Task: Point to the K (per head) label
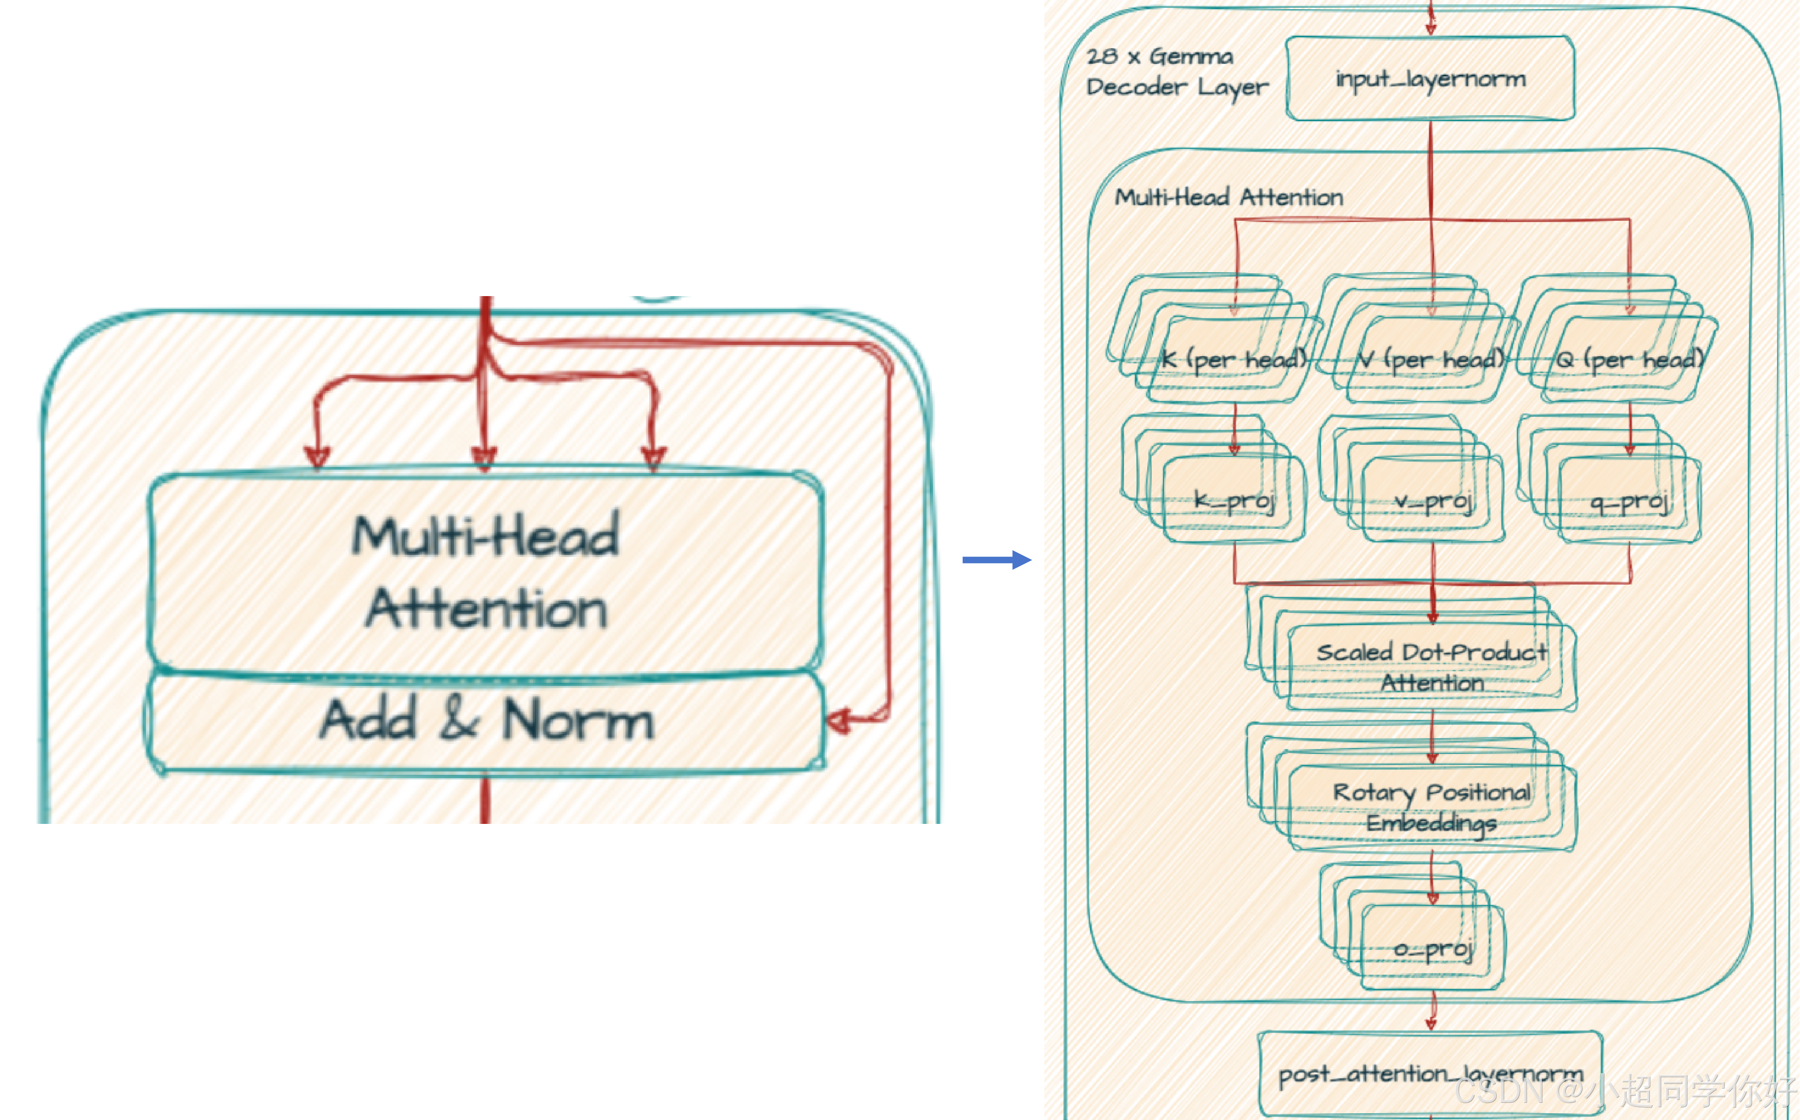pos(1233,360)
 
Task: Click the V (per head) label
pos(1431,360)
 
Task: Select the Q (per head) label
pos(1629,360)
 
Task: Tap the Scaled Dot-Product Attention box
pos(1432,667)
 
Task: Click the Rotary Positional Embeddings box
pos(1432,807)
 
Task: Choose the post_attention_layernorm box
pos(1430,1074)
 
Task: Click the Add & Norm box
pos(485,720)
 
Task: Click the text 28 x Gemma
pos(1160,56)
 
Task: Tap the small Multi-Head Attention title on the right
pos(1228,197)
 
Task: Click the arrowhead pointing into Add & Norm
pos(839,720)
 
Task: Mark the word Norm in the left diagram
pos(578,720)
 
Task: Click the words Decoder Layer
pos(1177,87)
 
